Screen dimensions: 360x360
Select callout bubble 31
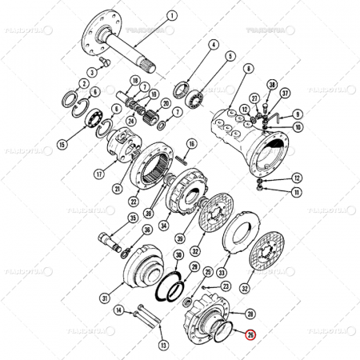coord(104,298)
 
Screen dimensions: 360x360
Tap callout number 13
coord(164,345)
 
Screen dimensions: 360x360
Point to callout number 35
coord(132,217)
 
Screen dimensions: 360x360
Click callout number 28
coord(250,314)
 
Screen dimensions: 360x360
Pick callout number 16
coord(191,144)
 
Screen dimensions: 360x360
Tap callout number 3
coord(93,72)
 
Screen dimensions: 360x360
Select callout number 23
coord(226,285)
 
